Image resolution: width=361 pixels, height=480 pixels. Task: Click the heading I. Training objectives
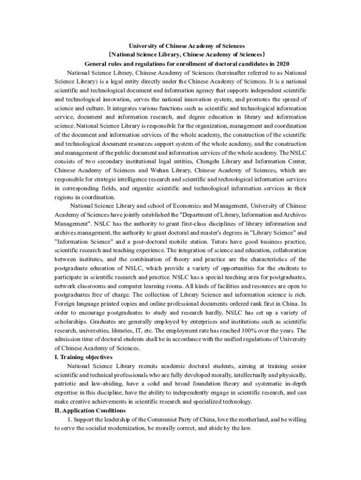coord(83,357)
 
